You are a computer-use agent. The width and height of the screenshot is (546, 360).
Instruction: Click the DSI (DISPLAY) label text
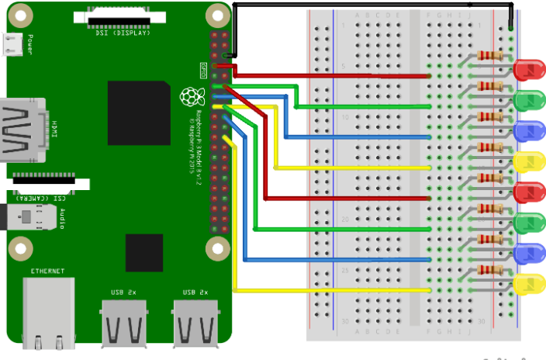pyautogui.click(x=112, y=33)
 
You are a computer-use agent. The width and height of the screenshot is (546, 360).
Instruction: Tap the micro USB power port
pyautogui.click(x=13, y=47)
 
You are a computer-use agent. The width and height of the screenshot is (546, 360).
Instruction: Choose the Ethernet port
pyautogui.click(x=50, y=310)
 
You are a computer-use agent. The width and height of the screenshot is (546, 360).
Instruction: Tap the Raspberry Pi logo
pyautogui.click(x=189, y=97)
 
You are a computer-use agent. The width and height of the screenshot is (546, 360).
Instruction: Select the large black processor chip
pyautogui.click(x=139, y=112)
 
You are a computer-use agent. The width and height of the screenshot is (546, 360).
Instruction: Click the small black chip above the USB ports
pyautogui.click(x=144, y=252)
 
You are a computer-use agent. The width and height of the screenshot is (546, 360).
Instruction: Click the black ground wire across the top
pyautogui.click(x=372, y=4)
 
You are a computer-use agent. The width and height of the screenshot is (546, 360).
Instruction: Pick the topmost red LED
pyautogui.click(x=529, y=70)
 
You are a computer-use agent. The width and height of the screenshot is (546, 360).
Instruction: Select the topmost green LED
pyautogui.click(x=529, y=100)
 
